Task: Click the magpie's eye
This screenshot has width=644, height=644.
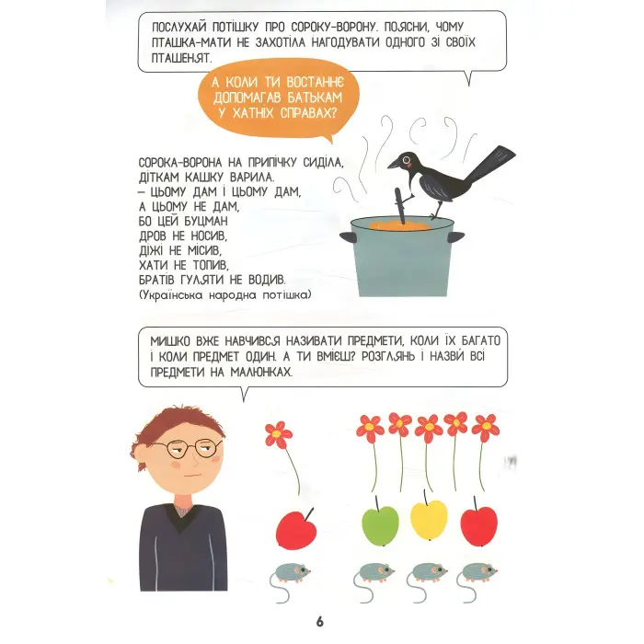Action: tap(407, 158)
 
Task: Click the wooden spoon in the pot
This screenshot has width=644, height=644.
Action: tap(400, 206)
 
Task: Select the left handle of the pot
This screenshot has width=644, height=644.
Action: tap(348, 237)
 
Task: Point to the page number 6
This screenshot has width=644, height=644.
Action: tap(319, 622)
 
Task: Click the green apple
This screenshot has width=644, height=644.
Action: tap(380, 522)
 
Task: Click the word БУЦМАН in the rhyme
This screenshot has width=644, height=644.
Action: tap(205, 222)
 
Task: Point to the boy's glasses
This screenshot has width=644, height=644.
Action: tap(192, 448)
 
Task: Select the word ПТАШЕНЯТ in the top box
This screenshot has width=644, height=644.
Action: tap(180, 58)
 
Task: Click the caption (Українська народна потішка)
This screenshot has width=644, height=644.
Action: tap(225, 295)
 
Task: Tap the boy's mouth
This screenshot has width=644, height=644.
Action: tap(192, 476)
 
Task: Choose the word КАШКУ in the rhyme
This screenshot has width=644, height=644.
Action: tap(198, 178)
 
